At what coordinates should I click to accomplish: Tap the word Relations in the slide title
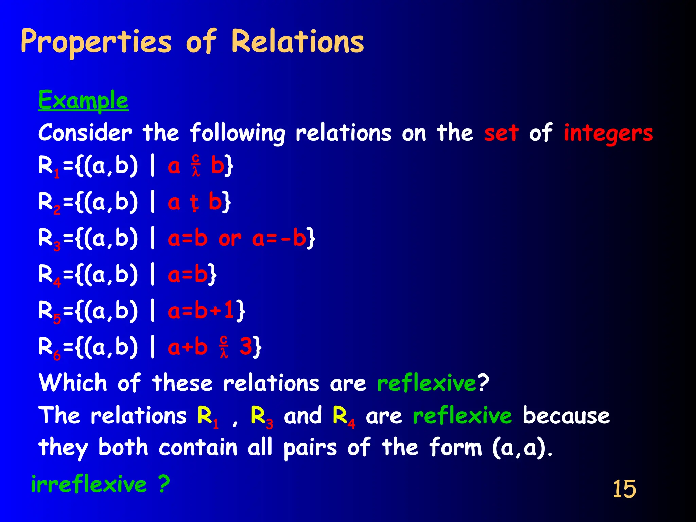click(297, 41)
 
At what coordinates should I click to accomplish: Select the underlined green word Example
click(83, 101)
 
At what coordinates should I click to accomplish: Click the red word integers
click(608, 134)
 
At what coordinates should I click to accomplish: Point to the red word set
click(501, 133)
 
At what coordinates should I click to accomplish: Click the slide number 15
click(624, 489)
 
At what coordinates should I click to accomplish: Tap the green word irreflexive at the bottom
click(89, 484)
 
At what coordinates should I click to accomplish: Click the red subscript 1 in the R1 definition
click(57, 174)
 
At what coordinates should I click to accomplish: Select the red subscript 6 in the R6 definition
click(57, 355)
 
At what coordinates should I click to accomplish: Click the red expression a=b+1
click(201, 311)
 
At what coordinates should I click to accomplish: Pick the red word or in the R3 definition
click(230, 239)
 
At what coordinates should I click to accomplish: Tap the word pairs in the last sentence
click(310, 448)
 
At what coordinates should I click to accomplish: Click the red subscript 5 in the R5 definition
click(57, 319)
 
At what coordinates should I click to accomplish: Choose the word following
click(238, 134)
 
